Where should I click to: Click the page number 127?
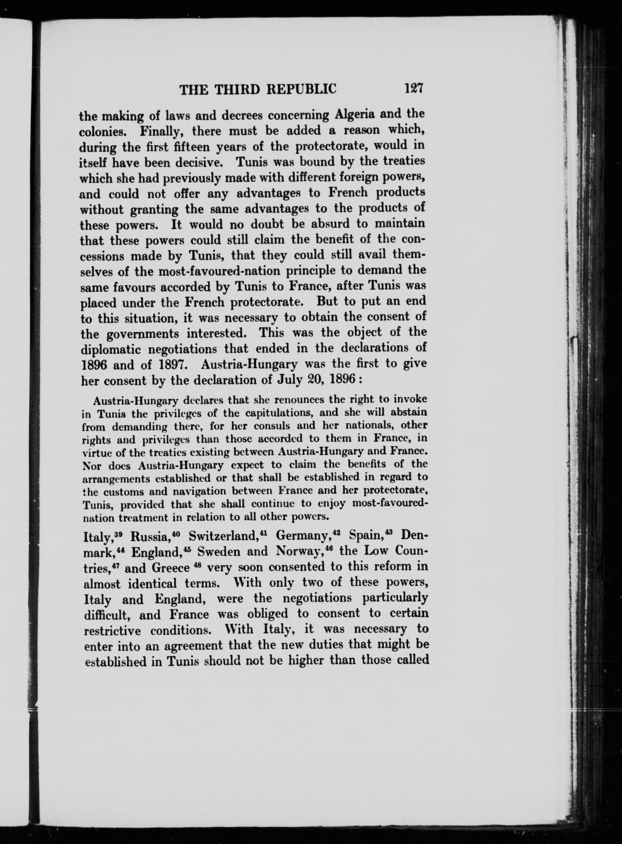click(x=414, y=89)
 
